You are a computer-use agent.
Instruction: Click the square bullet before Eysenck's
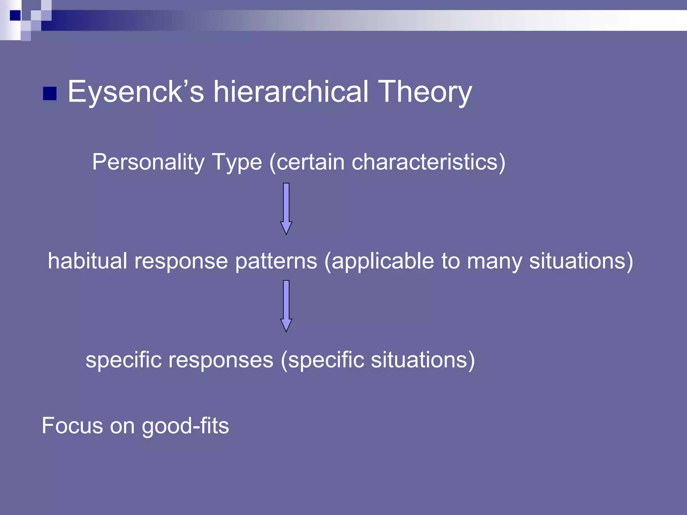(x=50, y=94)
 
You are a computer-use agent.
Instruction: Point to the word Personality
(x=148, y=162)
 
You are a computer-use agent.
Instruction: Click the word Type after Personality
(x=237, y=162)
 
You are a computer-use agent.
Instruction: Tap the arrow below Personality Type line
(x=286, y=209)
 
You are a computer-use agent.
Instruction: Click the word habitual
(x=87, y=261)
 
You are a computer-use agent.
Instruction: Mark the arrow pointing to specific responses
(x=286, y=306)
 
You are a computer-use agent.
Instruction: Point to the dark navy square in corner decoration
(x=15, y=15)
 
